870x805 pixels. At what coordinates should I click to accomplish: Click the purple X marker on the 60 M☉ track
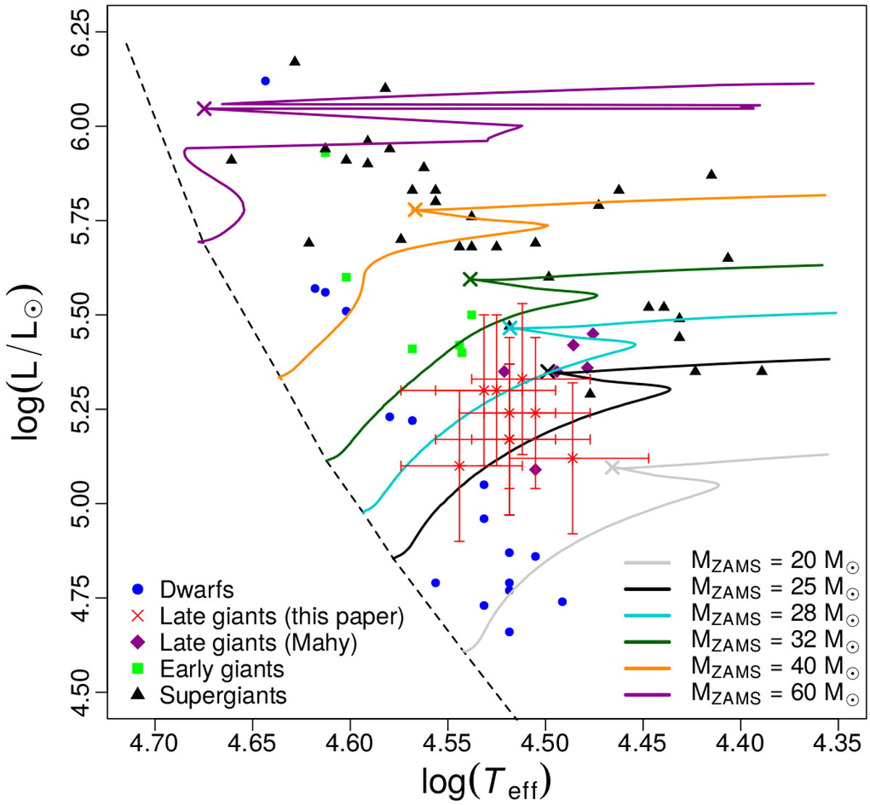point(204,109)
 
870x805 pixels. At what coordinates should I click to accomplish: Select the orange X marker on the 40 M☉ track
point(415,210)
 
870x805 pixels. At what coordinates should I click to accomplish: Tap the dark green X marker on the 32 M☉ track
point(470,279)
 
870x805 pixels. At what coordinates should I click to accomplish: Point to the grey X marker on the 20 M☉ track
point(613,468)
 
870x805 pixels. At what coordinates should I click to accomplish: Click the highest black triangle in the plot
point(294,61)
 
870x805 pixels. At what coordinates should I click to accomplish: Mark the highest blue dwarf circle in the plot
point(265,80)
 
